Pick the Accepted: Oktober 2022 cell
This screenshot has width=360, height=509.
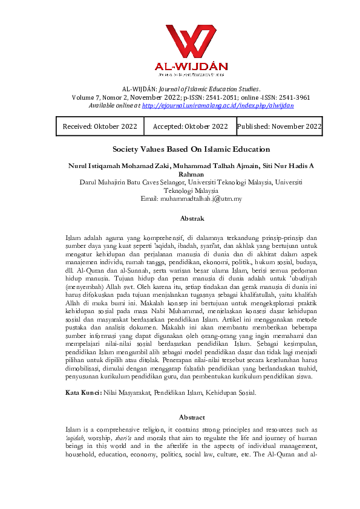coord(190,126)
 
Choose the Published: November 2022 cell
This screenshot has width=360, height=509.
coord(279,126)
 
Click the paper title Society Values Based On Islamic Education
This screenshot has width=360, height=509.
coord(191,149)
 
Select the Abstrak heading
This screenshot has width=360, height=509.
coord(191,218)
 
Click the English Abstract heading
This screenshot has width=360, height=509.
coord(191,417)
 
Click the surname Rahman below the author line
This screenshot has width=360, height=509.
coord(191,173)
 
